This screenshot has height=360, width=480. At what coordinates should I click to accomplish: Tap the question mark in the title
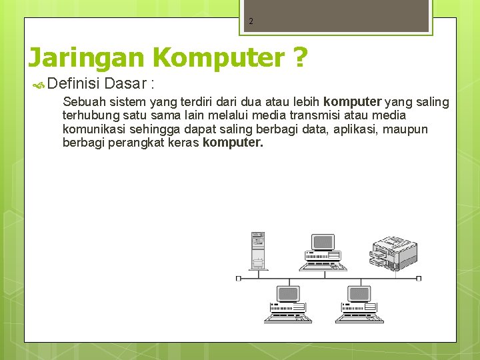tap(299, 58)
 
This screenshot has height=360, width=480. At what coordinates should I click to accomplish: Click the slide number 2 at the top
tap(251, 21)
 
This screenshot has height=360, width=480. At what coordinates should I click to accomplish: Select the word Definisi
tap(74, 84)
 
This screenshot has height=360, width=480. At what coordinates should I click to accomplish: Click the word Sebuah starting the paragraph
tap(84, 102)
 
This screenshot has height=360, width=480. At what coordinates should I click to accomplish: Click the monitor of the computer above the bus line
tap(323, 243)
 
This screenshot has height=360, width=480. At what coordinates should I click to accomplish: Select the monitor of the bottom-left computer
tap(288, 294)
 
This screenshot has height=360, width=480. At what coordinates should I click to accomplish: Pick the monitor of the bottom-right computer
tap(359, 294)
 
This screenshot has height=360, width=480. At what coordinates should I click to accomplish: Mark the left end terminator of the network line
tap(239, 278)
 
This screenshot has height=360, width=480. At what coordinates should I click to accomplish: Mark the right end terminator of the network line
tap(418, 278)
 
